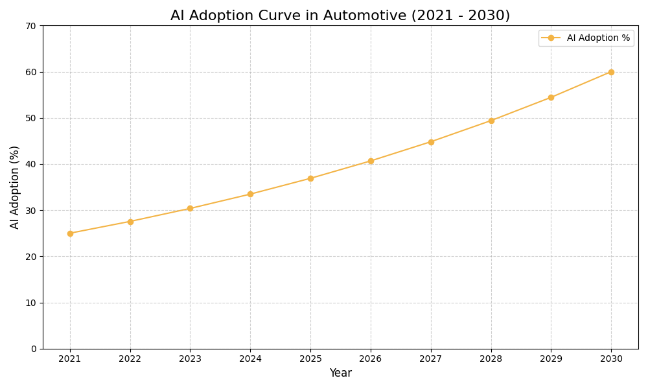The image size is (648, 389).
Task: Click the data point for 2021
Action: click(70, 233)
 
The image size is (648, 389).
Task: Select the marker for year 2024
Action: click(250, 194)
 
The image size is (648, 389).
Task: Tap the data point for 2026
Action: click(371, 161)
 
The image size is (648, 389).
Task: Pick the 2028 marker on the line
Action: click(491, 121)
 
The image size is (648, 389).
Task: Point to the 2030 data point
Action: click(611, 72)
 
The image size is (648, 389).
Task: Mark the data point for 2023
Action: click(190, 208)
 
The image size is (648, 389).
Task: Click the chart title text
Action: click(340, 16)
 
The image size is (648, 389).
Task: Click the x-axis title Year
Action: click(340, 373)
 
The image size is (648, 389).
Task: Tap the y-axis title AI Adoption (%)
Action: click(15, 187)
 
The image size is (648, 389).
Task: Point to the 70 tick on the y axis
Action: click(30, 26)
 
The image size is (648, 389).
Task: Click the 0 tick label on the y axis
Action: click(33, 349)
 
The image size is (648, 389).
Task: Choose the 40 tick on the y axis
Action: click(30, 164)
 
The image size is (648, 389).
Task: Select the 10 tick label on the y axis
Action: click(30, 303)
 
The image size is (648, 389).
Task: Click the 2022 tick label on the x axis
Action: click(130, 359)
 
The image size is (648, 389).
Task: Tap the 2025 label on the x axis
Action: click(310, 359)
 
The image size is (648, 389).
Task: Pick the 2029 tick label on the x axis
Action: click(551, 359)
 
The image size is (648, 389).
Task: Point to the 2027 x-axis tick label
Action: click(431, 359)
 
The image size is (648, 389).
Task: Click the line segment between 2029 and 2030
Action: click(581, 85)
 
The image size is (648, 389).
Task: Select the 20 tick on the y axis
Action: click(30, 257)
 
